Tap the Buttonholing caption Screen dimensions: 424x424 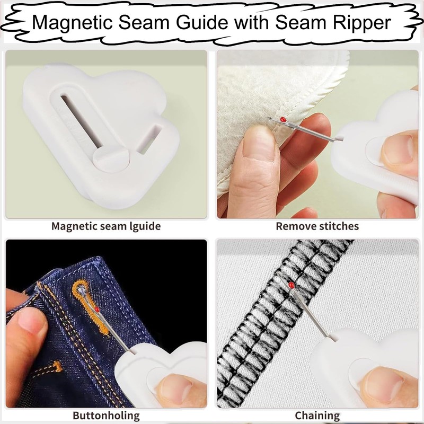(x=106, y=415)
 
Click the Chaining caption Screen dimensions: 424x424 (x=317, y=415)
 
